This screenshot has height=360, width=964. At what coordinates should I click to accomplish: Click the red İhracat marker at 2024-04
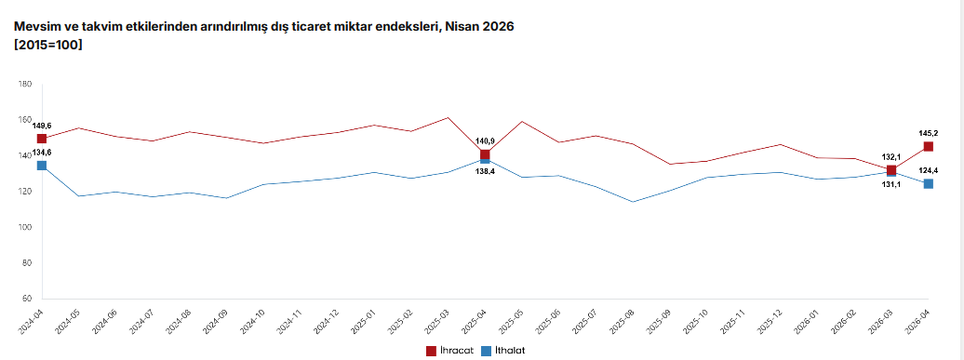tap(41, 139)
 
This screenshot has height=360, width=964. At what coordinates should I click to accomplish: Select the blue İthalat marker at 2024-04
tap(41, 166)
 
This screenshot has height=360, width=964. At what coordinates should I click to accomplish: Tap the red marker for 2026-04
tap(929, 146)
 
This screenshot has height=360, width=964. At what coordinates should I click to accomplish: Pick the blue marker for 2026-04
tap(929, 183)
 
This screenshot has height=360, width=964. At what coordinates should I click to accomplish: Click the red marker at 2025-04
tap(485, 154)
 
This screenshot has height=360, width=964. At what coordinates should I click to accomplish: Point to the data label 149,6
tap(42, 126)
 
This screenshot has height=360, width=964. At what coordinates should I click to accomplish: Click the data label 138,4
tap(485, 171)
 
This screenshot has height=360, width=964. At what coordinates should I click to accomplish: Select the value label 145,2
tap(928, 133)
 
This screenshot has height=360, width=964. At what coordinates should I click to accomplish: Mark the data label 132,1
tap(891, 157)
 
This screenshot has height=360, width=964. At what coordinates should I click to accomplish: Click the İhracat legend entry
tap(449, 351)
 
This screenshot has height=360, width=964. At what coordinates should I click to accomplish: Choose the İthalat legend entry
tap(502, 351)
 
